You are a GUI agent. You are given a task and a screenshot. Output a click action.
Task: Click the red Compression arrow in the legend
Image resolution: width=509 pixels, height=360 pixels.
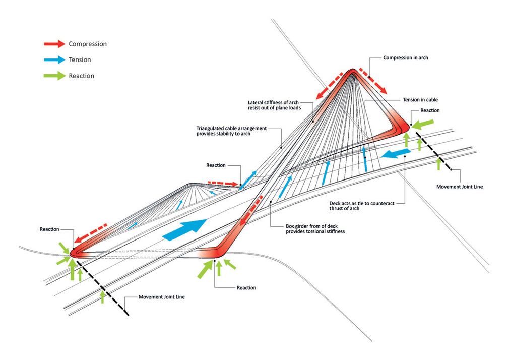click(55, 44)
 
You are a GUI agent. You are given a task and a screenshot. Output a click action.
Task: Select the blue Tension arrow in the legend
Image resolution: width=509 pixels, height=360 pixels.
click(55, 59)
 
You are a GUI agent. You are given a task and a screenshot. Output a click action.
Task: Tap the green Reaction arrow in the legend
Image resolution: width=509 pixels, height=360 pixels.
click(55, 76)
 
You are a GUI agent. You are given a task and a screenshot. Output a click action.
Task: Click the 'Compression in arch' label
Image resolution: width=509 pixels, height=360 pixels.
click(406, 58)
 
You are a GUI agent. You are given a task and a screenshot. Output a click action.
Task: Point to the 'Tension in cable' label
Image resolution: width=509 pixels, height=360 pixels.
click(420, 100)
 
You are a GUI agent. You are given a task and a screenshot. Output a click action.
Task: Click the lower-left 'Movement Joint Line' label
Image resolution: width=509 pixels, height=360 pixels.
click(162, 297)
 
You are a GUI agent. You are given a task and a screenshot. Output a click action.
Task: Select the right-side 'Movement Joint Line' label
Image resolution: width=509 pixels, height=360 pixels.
click(459, 187)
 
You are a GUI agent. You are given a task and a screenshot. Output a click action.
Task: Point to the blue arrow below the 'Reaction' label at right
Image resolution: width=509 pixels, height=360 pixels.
click(396, 153)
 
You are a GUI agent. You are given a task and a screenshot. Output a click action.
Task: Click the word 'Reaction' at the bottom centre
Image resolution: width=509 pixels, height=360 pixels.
click(246, 288)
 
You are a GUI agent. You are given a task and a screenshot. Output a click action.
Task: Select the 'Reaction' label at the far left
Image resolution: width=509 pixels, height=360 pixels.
click(49, 229)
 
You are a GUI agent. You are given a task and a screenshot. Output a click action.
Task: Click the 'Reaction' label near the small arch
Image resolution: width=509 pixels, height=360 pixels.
click(216, 165)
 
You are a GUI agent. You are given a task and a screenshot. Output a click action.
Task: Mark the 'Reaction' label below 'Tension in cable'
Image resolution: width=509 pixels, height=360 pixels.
click(430, 110)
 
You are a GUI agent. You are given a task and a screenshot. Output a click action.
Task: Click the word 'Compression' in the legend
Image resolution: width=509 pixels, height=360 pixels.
click(88, 44)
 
